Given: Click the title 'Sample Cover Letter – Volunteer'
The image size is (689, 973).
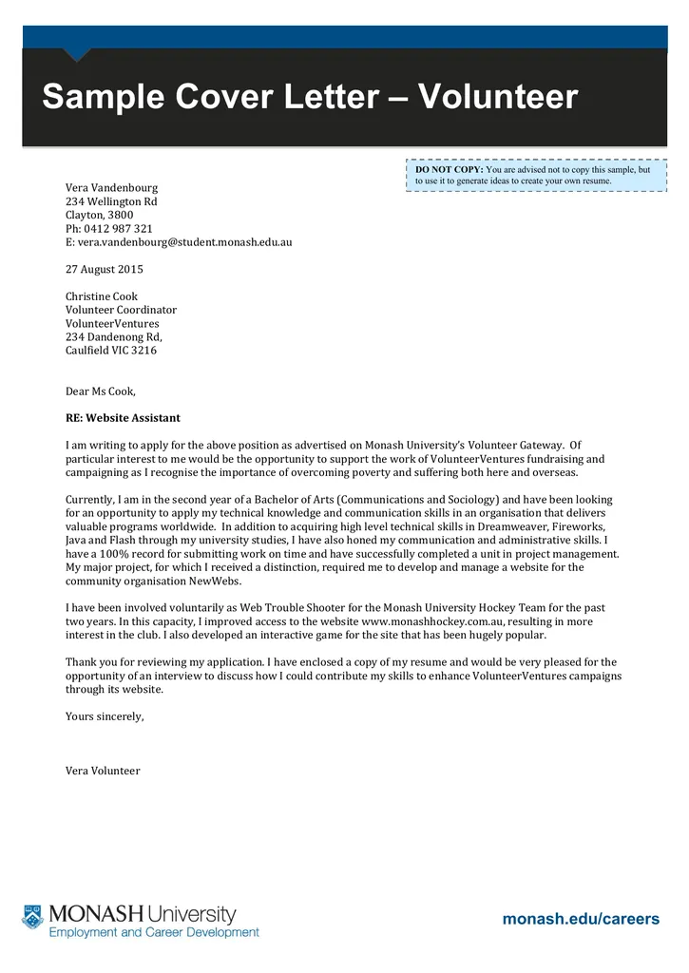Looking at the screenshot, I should click(x=310, y=97).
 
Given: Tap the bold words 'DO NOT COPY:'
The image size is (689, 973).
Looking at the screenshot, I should click(x=450, y=169).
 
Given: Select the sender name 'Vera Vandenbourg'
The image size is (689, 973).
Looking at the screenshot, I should click(x=111, y=188).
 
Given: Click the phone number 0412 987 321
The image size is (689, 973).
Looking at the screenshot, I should click(x=117, y=228).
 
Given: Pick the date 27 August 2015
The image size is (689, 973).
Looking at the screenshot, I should click(x=105, y=269).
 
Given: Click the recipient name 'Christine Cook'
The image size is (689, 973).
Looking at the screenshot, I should click(x=102, y=296).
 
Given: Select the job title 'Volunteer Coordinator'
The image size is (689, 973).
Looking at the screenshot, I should click(x=121, y=310).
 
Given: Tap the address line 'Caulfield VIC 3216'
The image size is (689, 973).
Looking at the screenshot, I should click(x=111, y=351).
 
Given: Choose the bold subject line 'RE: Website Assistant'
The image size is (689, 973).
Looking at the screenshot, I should click(x=123, y=418).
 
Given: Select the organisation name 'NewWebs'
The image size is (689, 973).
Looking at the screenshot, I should click(x=220, y=581).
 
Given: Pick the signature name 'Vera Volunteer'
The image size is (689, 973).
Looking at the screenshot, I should click(x=103, y=771).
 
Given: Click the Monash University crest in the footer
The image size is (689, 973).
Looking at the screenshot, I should click(x=33, y=917).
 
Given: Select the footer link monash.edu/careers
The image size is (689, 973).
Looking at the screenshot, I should click(x=580, y=919).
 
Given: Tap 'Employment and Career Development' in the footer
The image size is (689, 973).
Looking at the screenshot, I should click(x=154, y=933).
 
